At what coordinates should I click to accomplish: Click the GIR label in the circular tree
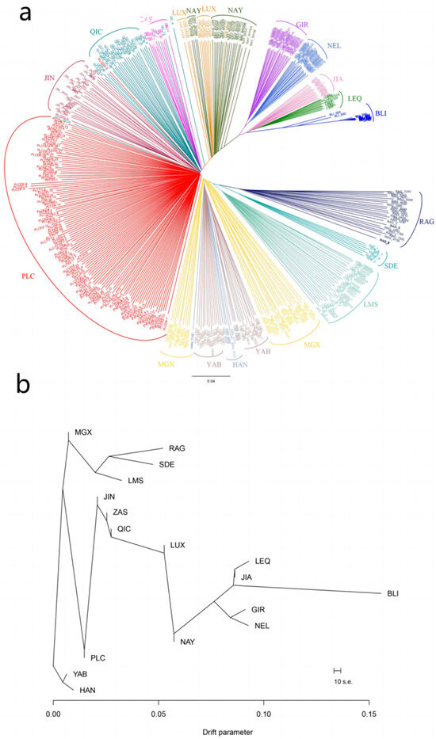(x=302, y=25)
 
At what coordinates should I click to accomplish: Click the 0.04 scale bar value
(x=210, y=383)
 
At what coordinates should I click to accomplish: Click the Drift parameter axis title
(x=216, y=731)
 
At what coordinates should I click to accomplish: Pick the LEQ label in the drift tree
(x=262, y=561)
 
